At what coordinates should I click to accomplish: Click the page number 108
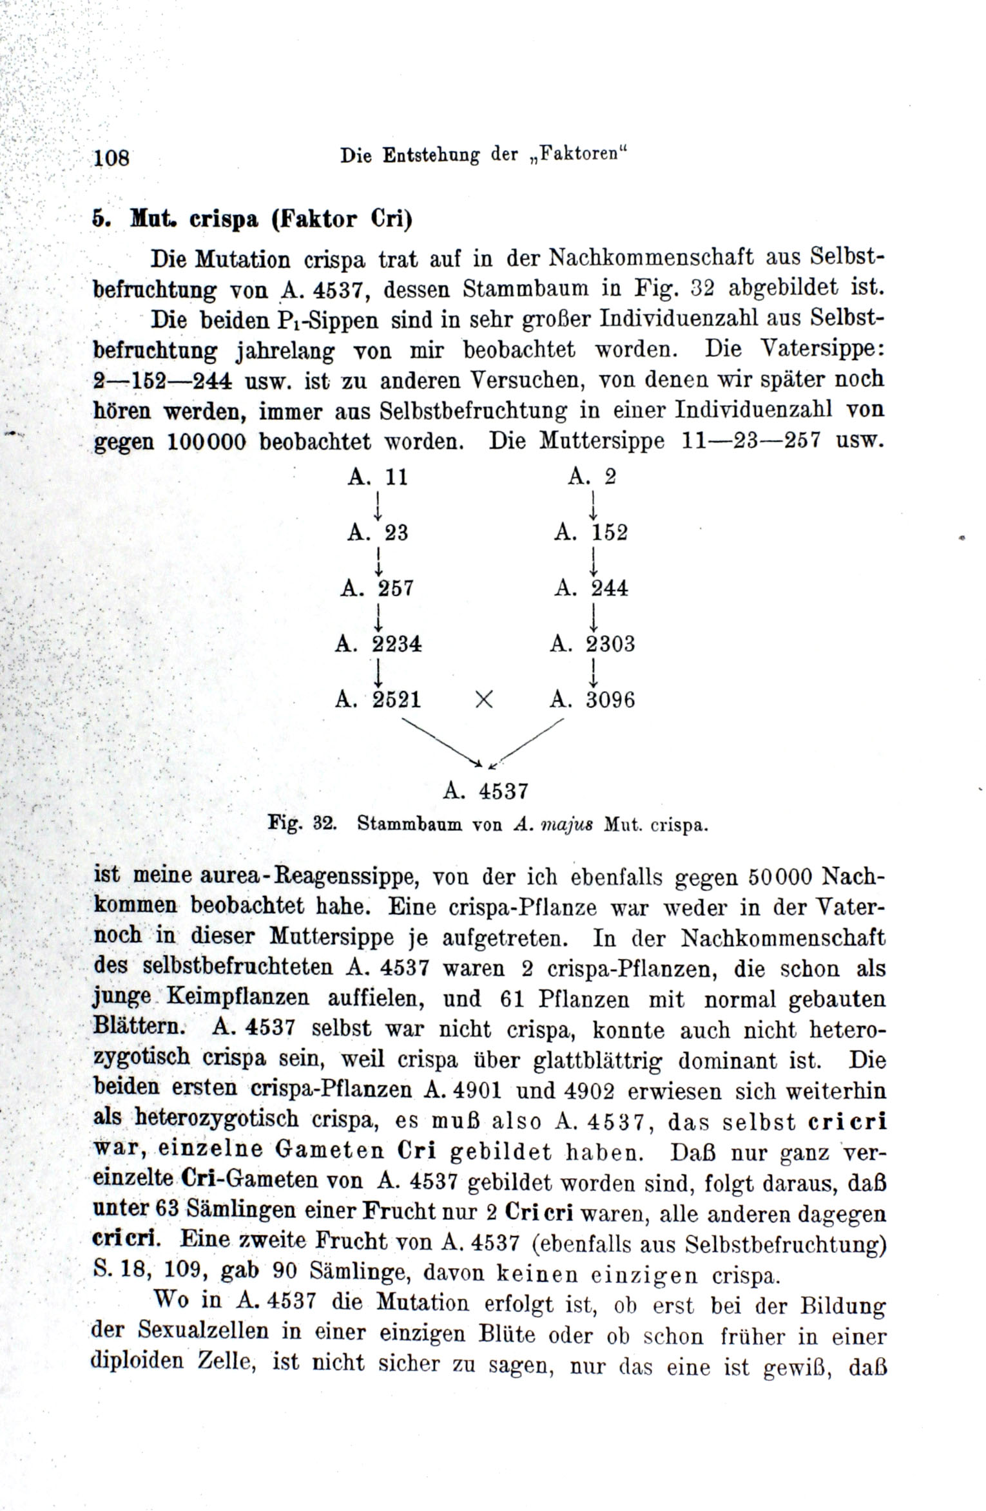[x=111, y=157]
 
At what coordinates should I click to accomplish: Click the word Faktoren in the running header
[x=583, y=155]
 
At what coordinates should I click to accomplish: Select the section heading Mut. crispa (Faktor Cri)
[x=252, y=219]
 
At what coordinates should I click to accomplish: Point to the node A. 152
[x=591, y=533]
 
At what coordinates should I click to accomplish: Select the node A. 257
[x=377, y=588]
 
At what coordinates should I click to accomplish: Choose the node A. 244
[x=591, y=588]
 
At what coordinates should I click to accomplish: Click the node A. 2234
[x=378, y=643]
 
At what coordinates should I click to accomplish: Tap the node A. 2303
[x=592, y=643]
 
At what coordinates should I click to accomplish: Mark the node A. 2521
[x=378, y=699]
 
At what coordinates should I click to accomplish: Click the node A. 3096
[x=592, y=699]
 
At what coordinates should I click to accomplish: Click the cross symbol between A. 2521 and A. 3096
[x=484, y=700]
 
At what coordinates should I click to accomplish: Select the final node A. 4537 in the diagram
[x=486, y=791]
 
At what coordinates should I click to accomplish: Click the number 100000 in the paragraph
[x=207, y=442]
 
